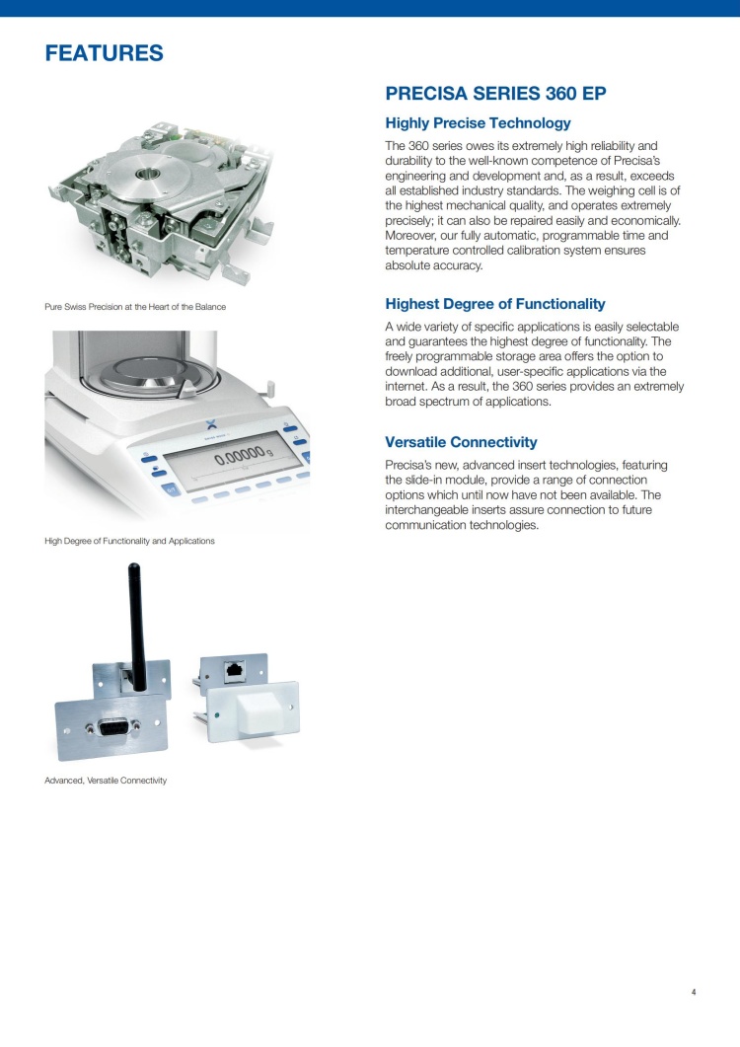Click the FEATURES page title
(104, 53)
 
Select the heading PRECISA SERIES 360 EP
(495, 95)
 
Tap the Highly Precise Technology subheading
(478, 123)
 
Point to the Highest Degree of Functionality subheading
(495, 304)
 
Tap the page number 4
(694, 992)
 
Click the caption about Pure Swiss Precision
(135, 307)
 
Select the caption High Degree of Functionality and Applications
(129, 541)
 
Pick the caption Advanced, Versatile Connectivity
(106, 781)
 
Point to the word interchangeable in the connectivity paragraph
(433, 510)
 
